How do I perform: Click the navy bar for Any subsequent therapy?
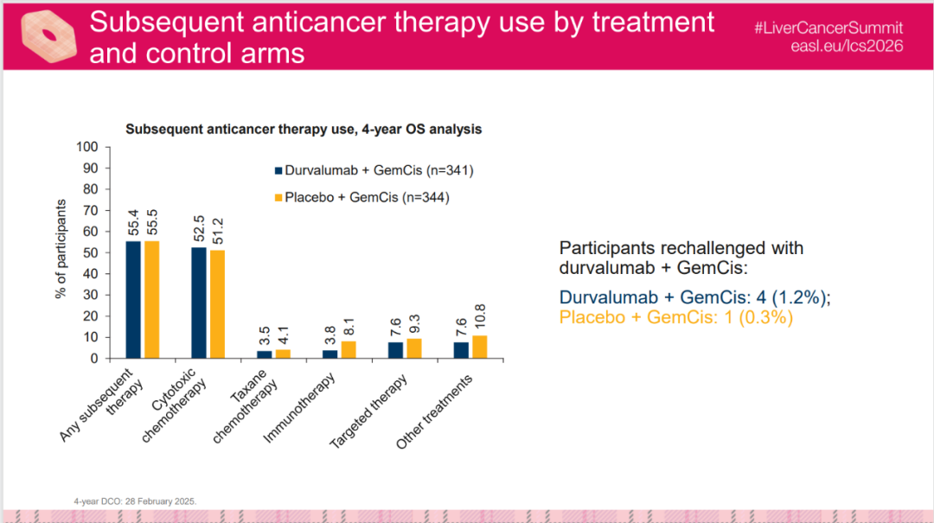(133, 299)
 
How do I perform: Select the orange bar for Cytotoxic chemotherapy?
(217, 303)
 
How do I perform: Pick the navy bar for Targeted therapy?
(395, 350)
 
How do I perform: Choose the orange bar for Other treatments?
(479, 347)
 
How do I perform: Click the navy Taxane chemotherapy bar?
(265, 354)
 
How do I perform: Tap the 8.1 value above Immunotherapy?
(349, 326)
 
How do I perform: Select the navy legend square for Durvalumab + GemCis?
(278, 170)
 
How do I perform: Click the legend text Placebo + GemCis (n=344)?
(368, 197)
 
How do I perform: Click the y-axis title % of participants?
(61, 250)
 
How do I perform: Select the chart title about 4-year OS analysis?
(304, 129)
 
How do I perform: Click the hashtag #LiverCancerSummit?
(828, 28)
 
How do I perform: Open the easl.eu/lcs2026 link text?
(847, 46)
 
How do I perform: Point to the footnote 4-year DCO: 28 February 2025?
(136, 501)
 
